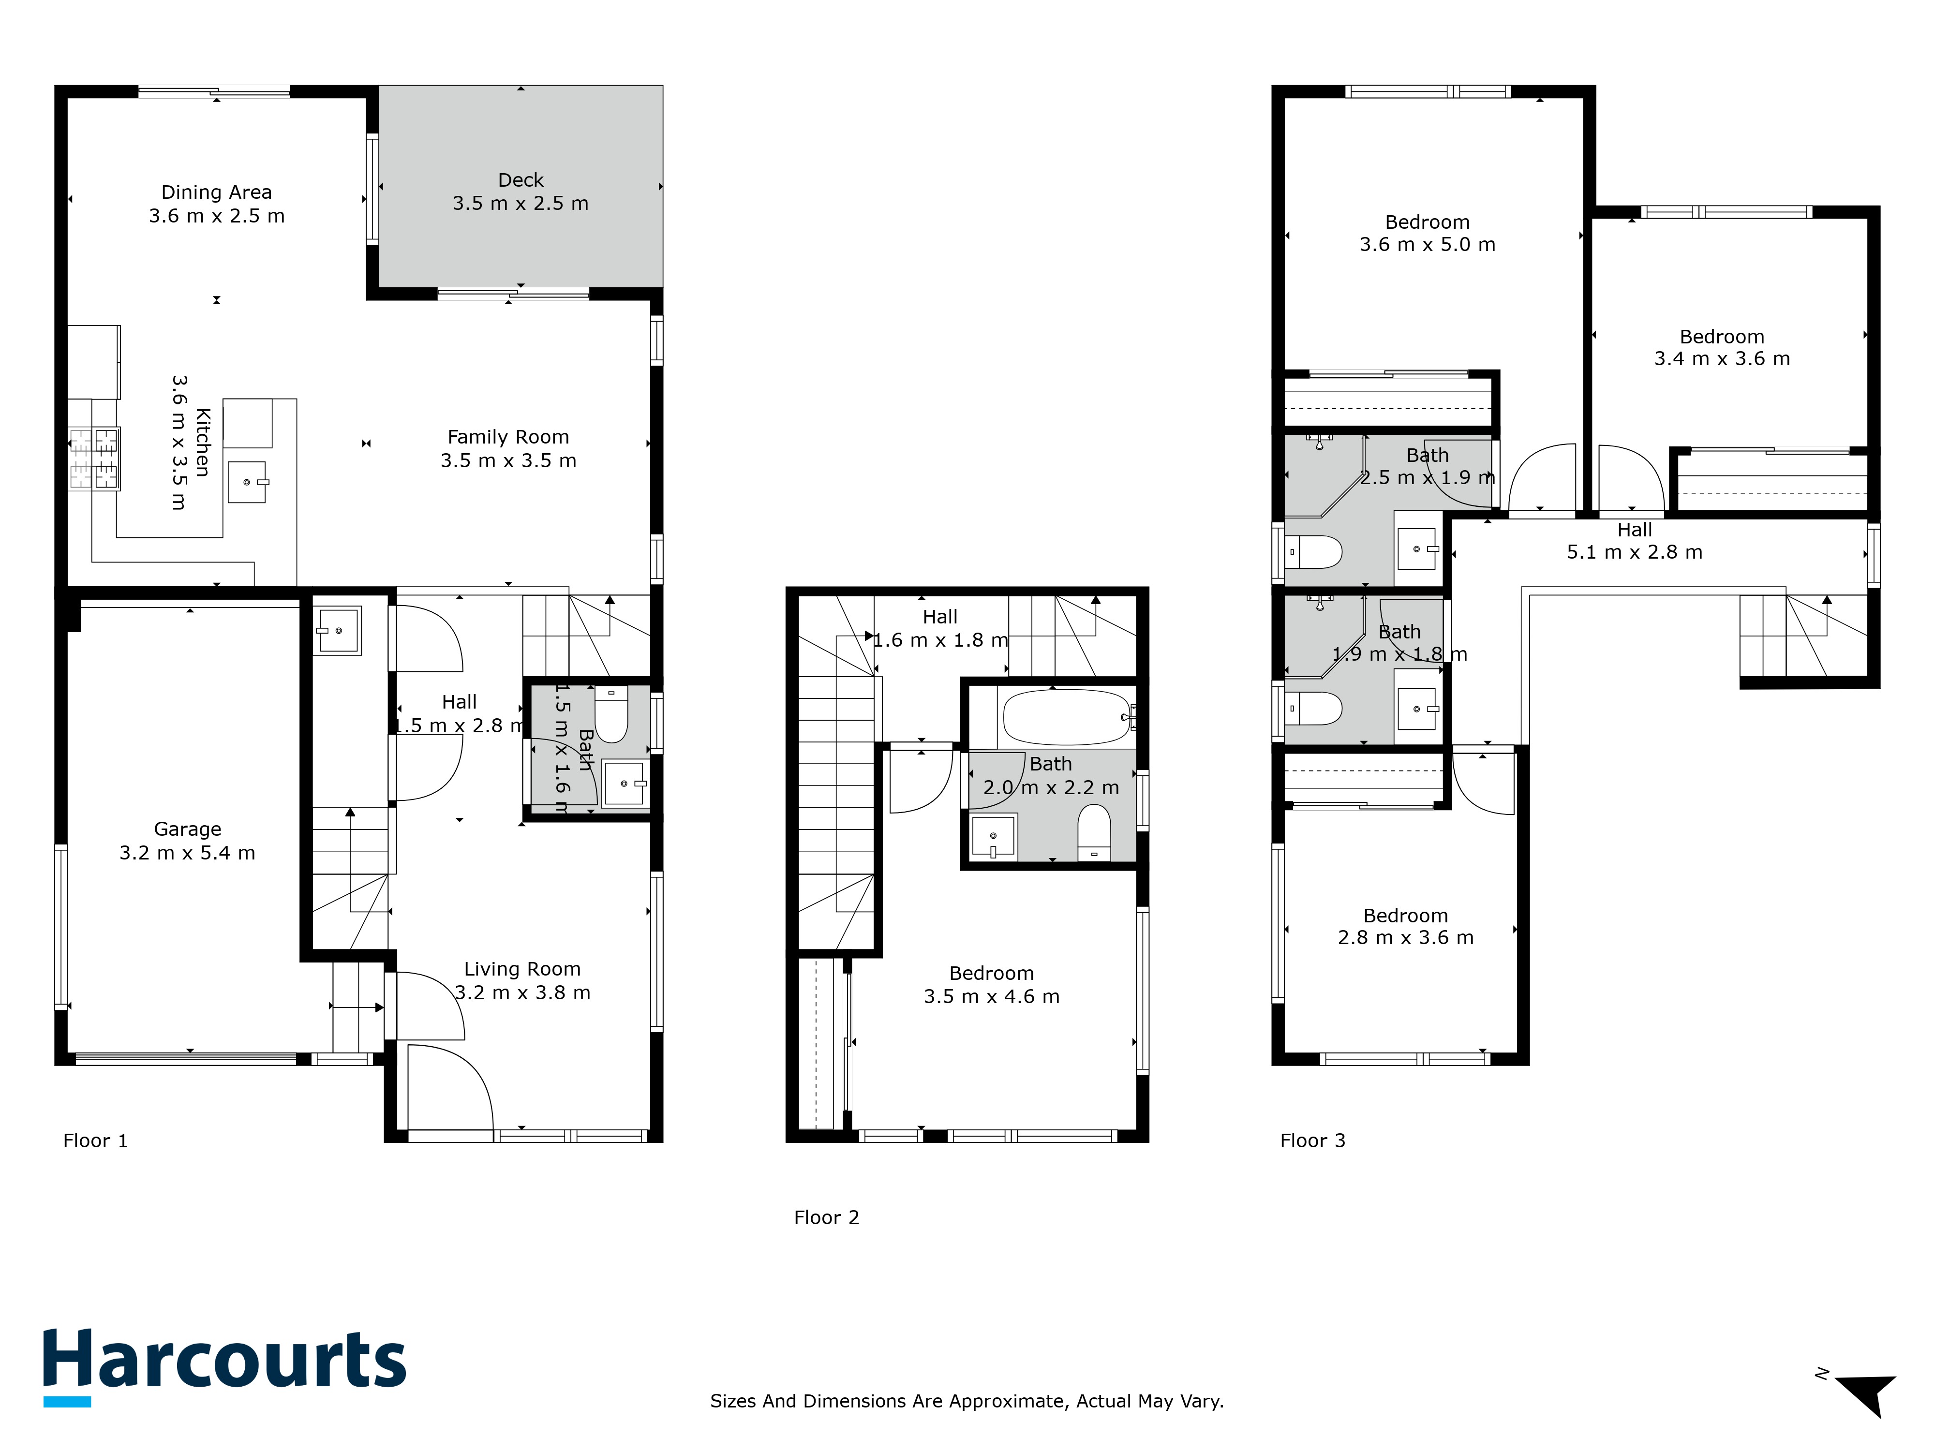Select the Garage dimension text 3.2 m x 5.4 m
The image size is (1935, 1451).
(187, 853)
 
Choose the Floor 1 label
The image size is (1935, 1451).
(95, 1140)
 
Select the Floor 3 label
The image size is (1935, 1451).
(1312, 1140)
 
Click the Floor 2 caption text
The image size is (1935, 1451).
(827, 1217)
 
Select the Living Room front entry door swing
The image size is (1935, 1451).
(450, 1084)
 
